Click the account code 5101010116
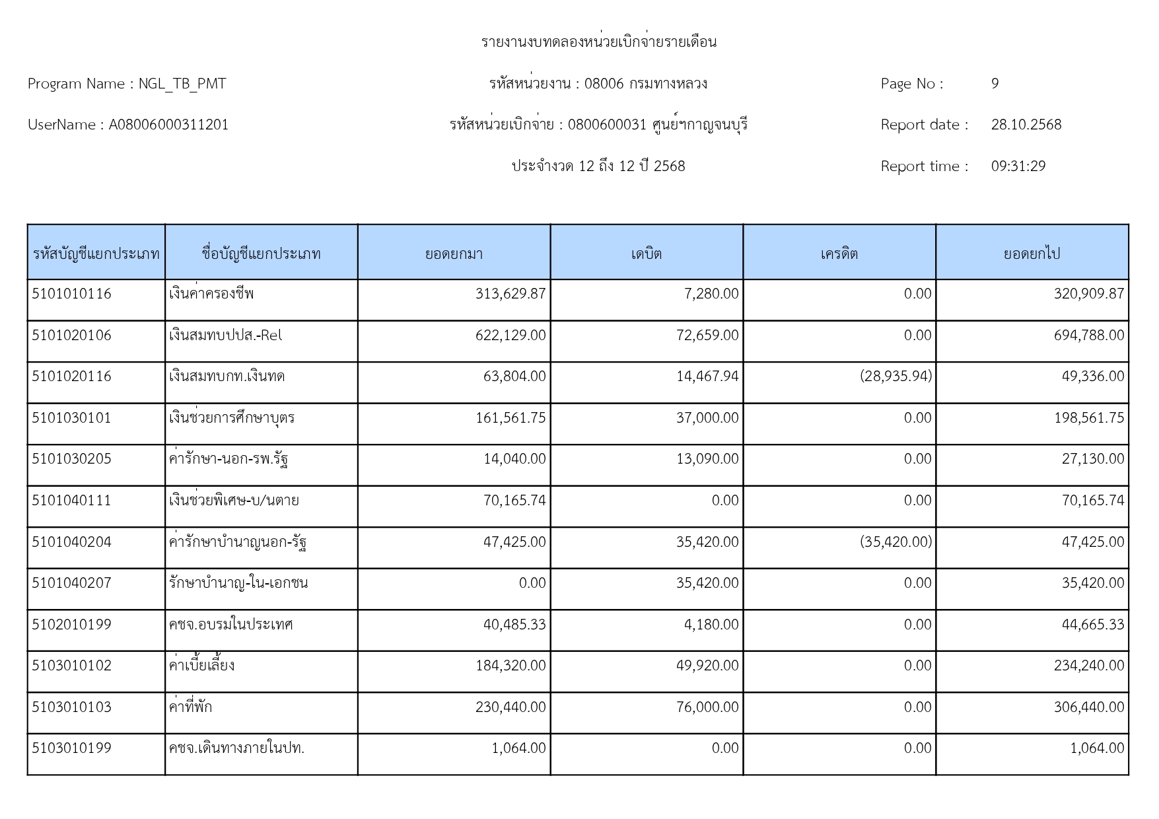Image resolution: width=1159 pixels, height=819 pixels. click(71, 294)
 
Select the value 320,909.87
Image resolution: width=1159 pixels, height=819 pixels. click(1088, 294)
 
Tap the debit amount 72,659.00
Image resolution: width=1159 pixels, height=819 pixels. click(707, 336)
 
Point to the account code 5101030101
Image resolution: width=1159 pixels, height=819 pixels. click(71, 418)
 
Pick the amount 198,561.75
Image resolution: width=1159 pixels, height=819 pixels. click(1088, 418)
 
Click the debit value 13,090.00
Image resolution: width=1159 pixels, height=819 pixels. click(707, 459)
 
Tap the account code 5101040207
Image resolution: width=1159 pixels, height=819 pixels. click(71, 583)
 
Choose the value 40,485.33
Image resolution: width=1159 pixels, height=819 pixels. click(514, 625)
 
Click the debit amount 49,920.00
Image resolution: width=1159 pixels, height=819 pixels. click(707, 666)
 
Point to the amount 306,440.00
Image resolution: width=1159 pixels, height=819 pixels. click(1088, 707)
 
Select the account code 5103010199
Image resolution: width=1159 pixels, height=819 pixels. click(71, 748)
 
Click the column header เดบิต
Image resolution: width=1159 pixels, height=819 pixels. click(646, 254)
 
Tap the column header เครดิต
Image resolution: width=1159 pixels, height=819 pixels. click(839, 254)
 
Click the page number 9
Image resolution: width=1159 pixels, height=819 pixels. click(995, 84)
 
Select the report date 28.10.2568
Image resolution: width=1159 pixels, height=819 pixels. click(1026, 125)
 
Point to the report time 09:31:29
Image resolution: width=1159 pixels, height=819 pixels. click(1018, 166)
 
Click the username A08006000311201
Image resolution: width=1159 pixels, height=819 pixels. click(168, 125)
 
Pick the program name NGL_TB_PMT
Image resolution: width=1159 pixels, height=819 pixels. click(182, 84)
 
